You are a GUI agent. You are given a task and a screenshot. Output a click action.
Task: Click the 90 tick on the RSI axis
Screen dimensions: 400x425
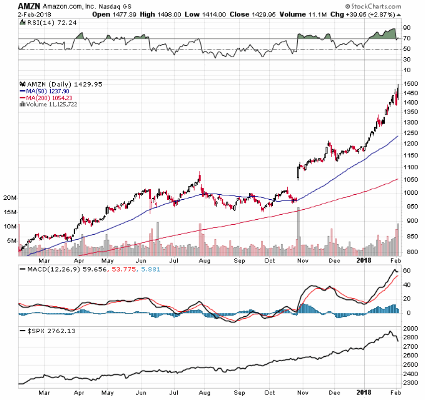pos(407,28)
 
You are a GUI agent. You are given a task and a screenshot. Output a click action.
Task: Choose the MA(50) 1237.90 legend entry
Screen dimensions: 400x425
pos(47,91)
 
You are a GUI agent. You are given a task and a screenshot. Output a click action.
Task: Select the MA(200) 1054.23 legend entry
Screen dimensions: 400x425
pos(49,98)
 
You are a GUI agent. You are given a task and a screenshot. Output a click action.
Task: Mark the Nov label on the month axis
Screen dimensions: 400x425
pos(302,260)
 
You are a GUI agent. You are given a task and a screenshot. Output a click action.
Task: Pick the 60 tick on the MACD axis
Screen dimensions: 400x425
pos(407,270)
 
